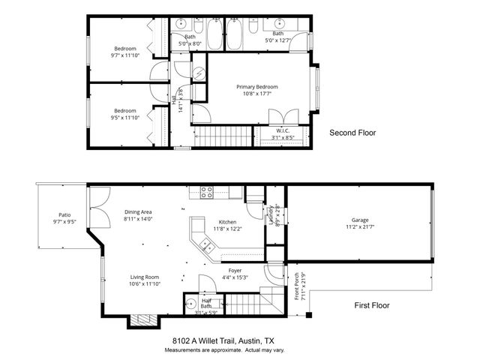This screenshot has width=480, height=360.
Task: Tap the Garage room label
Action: (359, 219)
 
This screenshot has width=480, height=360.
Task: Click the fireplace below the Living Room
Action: (142, 320)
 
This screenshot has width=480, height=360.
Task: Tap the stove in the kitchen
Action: (207, 193)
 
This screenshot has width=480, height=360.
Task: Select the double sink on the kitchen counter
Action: (203, 245)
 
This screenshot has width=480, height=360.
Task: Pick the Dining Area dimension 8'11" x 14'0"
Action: (138, 219)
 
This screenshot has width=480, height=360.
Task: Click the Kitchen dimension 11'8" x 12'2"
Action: (227, 229)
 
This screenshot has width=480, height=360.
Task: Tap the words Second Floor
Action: (352, 133)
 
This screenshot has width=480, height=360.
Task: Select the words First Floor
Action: (372, 305)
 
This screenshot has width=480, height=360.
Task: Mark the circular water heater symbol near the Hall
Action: (199, 73)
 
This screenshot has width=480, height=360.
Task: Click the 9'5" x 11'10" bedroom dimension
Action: (125, 118)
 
